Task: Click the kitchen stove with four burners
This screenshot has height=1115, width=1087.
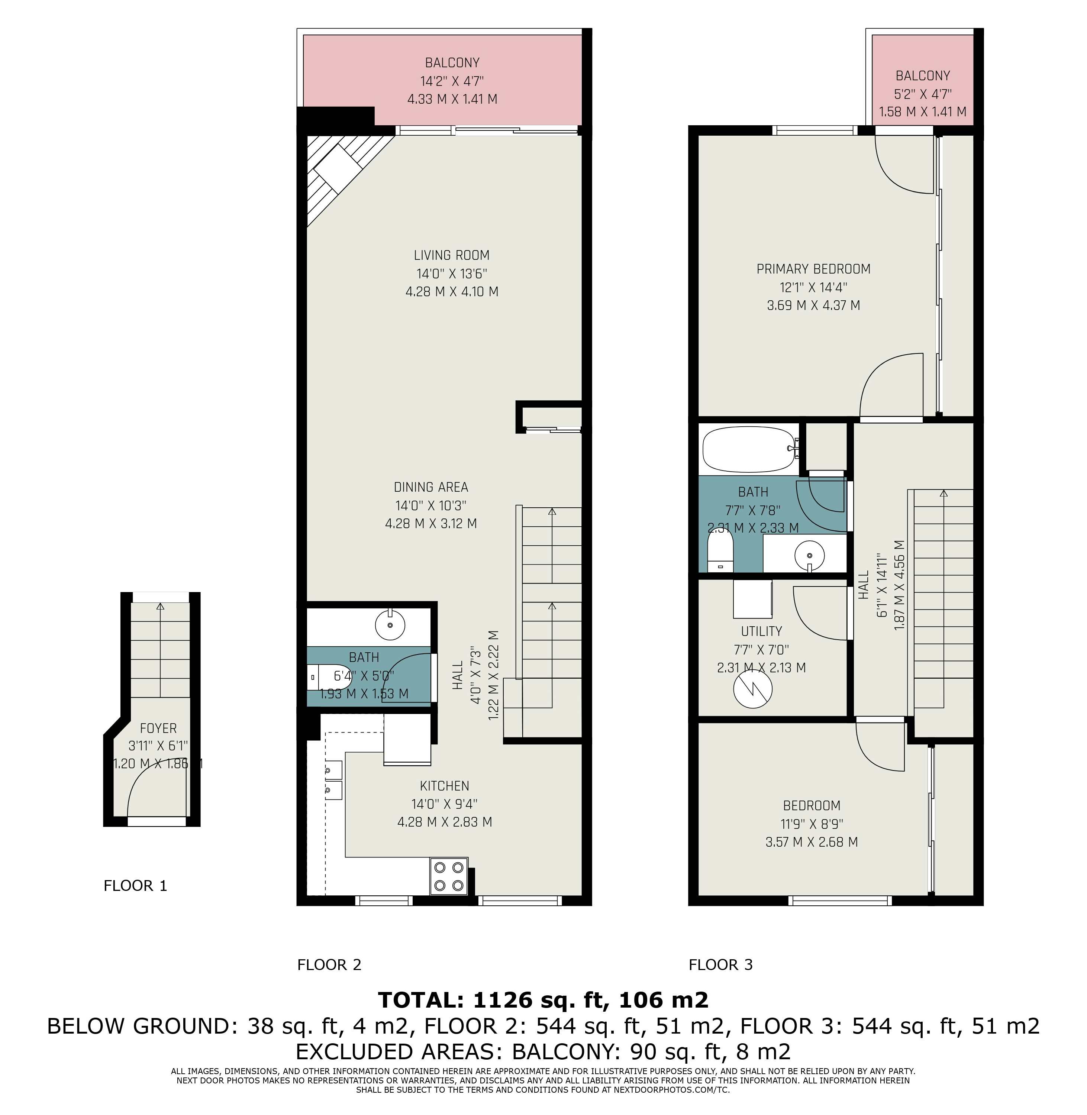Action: [x=449, y=876]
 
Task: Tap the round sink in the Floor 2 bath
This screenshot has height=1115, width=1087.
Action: [x=390, y=624]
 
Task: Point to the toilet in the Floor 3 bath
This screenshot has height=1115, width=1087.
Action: [x=720, y=550]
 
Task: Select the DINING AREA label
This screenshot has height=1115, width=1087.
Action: [x=431, y=487]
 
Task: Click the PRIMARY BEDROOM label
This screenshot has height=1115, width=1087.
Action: [x=813, y=269]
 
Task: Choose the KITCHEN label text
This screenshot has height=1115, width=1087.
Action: [x=445, y=786]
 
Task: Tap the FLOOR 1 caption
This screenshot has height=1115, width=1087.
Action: [x=135, y=886]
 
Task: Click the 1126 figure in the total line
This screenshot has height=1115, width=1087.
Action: [x=501, y=1000]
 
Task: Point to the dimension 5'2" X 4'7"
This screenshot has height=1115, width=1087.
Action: [x=923, y=94]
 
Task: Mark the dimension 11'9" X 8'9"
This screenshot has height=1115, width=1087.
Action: [x=812, y=824]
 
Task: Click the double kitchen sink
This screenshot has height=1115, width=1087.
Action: [x=334, y=780]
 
